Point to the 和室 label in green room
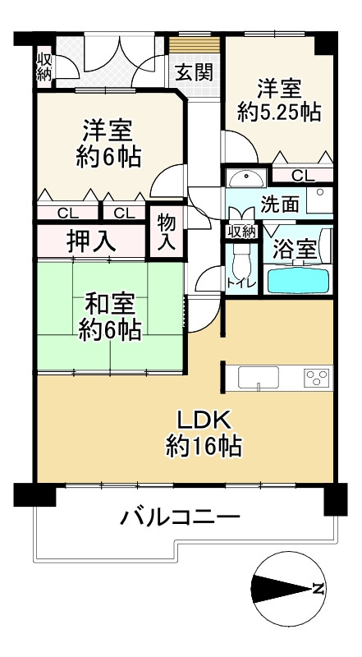109,303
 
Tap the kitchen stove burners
316,378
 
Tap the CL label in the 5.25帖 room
301,175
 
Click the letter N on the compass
317,588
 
